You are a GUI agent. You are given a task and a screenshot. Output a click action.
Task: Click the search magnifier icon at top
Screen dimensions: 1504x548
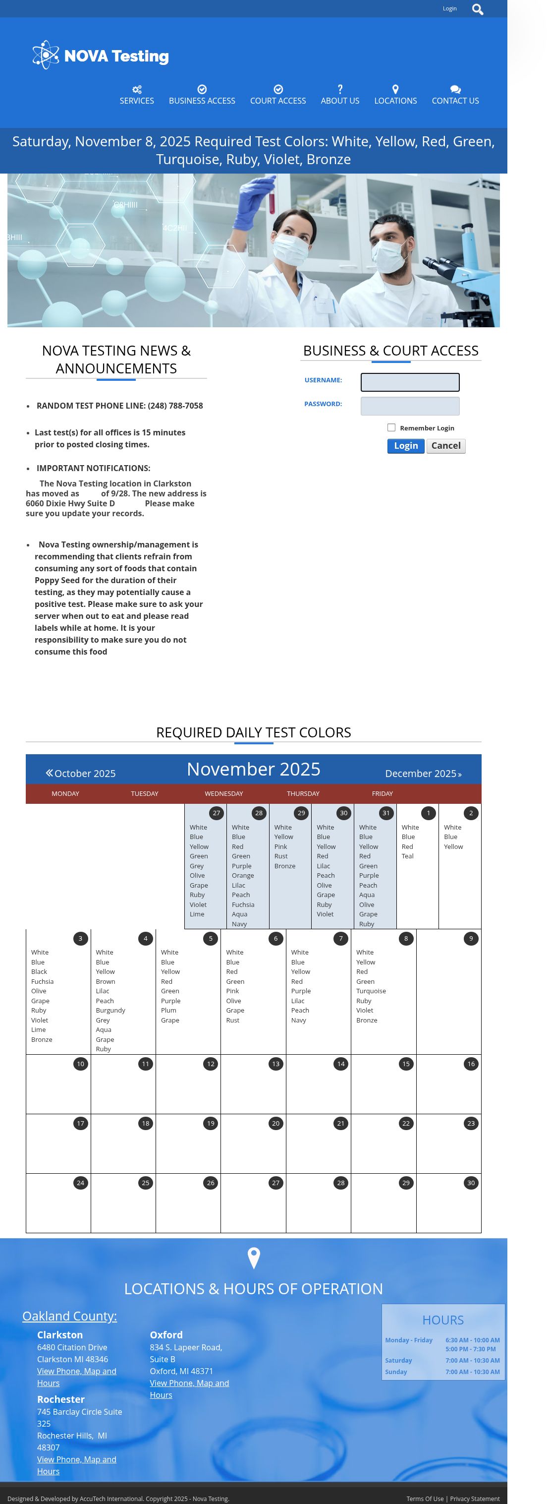click(x=477, y=9)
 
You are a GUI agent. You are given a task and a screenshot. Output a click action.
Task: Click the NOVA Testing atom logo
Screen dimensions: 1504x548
click(x=46, y=55)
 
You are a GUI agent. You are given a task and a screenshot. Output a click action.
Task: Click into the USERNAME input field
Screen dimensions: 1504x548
click(x=410, y=382)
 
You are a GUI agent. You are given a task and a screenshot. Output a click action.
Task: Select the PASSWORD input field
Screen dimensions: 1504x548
click(x=410, y=406)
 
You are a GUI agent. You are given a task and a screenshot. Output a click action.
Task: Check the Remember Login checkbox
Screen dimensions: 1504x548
click(x=391, y=428)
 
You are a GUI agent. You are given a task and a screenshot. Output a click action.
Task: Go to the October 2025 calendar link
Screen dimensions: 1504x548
click(x=81, y=773)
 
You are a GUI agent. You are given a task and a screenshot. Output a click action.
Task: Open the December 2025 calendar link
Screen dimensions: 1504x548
click(x=423, y=774)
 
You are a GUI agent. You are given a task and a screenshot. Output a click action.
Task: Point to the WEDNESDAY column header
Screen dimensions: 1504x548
click(x=223, y=793)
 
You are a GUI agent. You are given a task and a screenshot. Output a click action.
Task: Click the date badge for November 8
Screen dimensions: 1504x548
click(x=406, y=938)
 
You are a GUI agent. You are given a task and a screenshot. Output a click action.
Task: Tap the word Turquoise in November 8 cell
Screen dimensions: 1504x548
click(x=371, y=991)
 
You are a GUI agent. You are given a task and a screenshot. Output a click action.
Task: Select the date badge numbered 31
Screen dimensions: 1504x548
click(x=386, y=813)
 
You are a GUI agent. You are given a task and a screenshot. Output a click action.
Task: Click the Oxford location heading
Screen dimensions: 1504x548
click(x=166, y=1335)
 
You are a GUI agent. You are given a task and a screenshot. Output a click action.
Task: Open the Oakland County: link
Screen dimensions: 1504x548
click(x=69, y=1316)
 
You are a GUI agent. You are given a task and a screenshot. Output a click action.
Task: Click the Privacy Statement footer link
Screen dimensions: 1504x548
click(x=475, y=1499)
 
